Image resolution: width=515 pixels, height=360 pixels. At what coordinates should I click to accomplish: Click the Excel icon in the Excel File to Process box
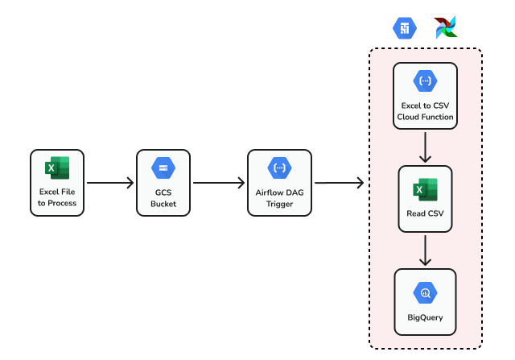coord(57,168)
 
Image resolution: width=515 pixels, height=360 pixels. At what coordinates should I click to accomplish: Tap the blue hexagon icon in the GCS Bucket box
coord(163,168)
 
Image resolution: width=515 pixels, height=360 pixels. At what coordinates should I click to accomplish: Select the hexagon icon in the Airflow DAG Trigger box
coord(279,168)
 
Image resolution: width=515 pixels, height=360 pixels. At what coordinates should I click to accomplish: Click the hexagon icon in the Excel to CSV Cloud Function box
coord(425,81)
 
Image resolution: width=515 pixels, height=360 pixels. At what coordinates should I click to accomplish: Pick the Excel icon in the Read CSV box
coord(425,191)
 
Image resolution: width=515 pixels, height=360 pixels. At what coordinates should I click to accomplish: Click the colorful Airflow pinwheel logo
coord(445,27)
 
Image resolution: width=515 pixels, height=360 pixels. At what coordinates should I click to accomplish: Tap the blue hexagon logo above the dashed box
coord(405,28)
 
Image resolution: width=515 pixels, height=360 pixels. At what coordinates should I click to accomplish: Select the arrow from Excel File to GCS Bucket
coord(109,183)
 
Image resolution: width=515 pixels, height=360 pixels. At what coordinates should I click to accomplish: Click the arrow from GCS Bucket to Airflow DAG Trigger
coord(219,183)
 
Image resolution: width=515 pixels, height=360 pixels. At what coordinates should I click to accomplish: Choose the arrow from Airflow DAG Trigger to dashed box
coord(339,183)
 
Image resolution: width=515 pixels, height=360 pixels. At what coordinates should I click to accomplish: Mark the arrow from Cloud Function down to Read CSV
coord(426,147)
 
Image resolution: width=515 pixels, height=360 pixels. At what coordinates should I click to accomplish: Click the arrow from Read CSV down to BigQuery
coord(426,251)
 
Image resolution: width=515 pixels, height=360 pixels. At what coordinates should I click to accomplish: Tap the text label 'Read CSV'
coord(425,214)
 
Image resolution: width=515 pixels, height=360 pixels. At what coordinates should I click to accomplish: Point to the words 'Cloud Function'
coord(425,117)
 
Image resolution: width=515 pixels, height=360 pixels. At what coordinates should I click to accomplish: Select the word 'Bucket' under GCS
coord(163,203)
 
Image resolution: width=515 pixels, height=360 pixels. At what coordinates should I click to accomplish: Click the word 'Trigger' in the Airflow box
coord(279,203)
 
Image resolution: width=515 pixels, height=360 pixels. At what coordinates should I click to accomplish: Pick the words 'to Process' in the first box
coord(57,203)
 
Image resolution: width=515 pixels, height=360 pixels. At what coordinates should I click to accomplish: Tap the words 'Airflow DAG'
coord(279,192)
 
